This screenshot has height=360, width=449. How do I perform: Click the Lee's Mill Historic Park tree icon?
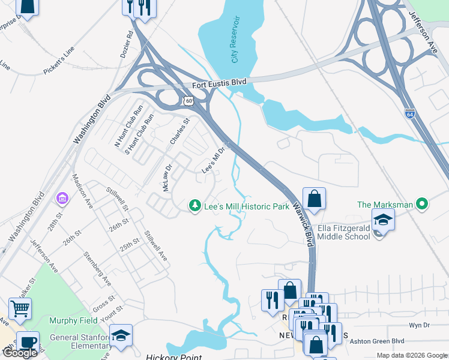click(194, 206)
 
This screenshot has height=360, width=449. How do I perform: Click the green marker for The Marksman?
click(423, 205)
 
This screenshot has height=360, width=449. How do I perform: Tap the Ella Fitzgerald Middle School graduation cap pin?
click(383, 220)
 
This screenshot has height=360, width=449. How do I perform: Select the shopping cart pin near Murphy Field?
click(20, 309)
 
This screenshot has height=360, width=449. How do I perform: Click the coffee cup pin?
click(28, 342)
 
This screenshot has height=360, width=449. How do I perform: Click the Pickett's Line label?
click(58, 62)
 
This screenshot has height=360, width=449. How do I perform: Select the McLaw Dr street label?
click(167, 178)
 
